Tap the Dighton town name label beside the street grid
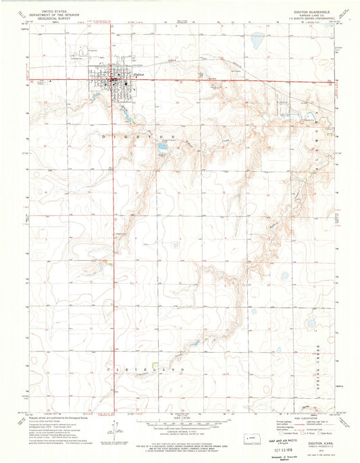pos(139,73)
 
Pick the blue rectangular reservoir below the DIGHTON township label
pos(162,145)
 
